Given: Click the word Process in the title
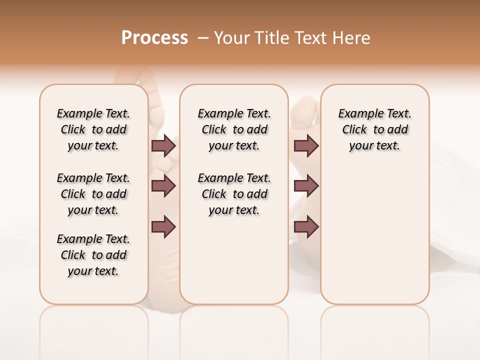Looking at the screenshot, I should click(x=154, y=37).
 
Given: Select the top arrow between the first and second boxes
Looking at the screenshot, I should click(x=163, y=146).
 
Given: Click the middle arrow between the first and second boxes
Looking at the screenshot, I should click(x=163, y=186).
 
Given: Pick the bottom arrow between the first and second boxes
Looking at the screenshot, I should click(x=163, y=226).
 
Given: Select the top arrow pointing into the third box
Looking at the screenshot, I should click(x=306, y=146).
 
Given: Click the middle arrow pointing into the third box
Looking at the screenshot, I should click(x=306, y=186).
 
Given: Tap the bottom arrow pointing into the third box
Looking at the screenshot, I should click(x=306, y=226).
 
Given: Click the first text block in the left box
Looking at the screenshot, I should click(x=93, y=129).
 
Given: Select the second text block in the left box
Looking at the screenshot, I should click(x=93, y=194).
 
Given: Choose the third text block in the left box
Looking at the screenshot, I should click(x=93, y=255).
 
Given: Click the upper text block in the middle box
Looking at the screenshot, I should click(x=234, y=129).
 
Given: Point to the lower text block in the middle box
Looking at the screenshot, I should click(x=234, y=194).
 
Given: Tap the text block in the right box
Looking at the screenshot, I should click(x=374, y=129).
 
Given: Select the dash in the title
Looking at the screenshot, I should click(x=203, y=38).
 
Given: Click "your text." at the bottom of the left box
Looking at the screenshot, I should click(x=93, y=271).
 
